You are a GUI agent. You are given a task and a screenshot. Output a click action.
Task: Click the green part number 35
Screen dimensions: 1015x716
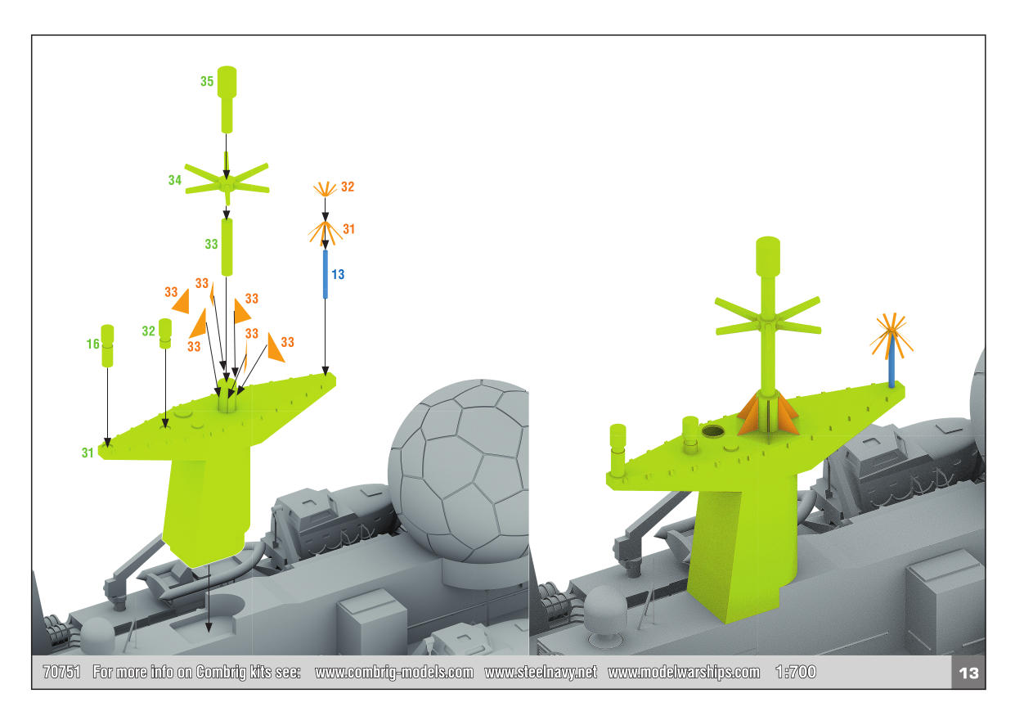tap(207, 81)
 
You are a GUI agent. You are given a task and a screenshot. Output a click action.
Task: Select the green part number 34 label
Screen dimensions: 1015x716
tap(175, 180)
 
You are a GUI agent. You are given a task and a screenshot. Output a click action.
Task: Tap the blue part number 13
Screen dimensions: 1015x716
tap(338, 274)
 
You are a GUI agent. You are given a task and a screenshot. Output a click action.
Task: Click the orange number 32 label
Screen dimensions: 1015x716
tap(348, 187)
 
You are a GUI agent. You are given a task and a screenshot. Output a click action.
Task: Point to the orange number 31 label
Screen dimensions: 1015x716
tap(349, 229)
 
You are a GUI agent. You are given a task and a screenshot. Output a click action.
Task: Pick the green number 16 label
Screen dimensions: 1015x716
tap(93, 344)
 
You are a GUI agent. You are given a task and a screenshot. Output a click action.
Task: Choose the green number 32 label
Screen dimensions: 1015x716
tap(149, 331)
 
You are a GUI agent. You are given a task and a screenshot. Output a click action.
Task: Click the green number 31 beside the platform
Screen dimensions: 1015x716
tap(88, 453)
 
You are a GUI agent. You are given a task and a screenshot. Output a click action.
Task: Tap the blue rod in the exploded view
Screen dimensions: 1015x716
tap(326, 274)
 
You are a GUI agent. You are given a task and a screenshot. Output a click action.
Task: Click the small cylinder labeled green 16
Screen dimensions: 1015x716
tap(107, 345)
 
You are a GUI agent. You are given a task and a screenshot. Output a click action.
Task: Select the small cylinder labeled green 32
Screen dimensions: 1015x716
tap(165, 334)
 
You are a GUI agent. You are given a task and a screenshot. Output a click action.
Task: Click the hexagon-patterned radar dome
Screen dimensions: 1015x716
tap(459, 471)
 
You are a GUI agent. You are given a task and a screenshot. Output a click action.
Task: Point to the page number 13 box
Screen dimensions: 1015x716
tap(968, 673)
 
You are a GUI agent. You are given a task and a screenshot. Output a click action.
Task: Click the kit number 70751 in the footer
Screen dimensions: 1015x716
tap(62, 672)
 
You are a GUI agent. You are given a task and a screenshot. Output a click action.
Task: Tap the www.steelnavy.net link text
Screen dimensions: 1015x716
tap(541, 672)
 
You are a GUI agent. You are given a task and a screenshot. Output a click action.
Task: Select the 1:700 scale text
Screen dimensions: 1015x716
tap(796, 672)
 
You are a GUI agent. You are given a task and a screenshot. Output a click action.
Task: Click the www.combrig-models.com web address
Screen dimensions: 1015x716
tap(394, 673)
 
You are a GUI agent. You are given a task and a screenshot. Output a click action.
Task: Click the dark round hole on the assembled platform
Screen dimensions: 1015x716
tap(713, 430)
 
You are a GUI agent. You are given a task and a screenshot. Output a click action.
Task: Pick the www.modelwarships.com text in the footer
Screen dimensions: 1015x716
tap(684, 673)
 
